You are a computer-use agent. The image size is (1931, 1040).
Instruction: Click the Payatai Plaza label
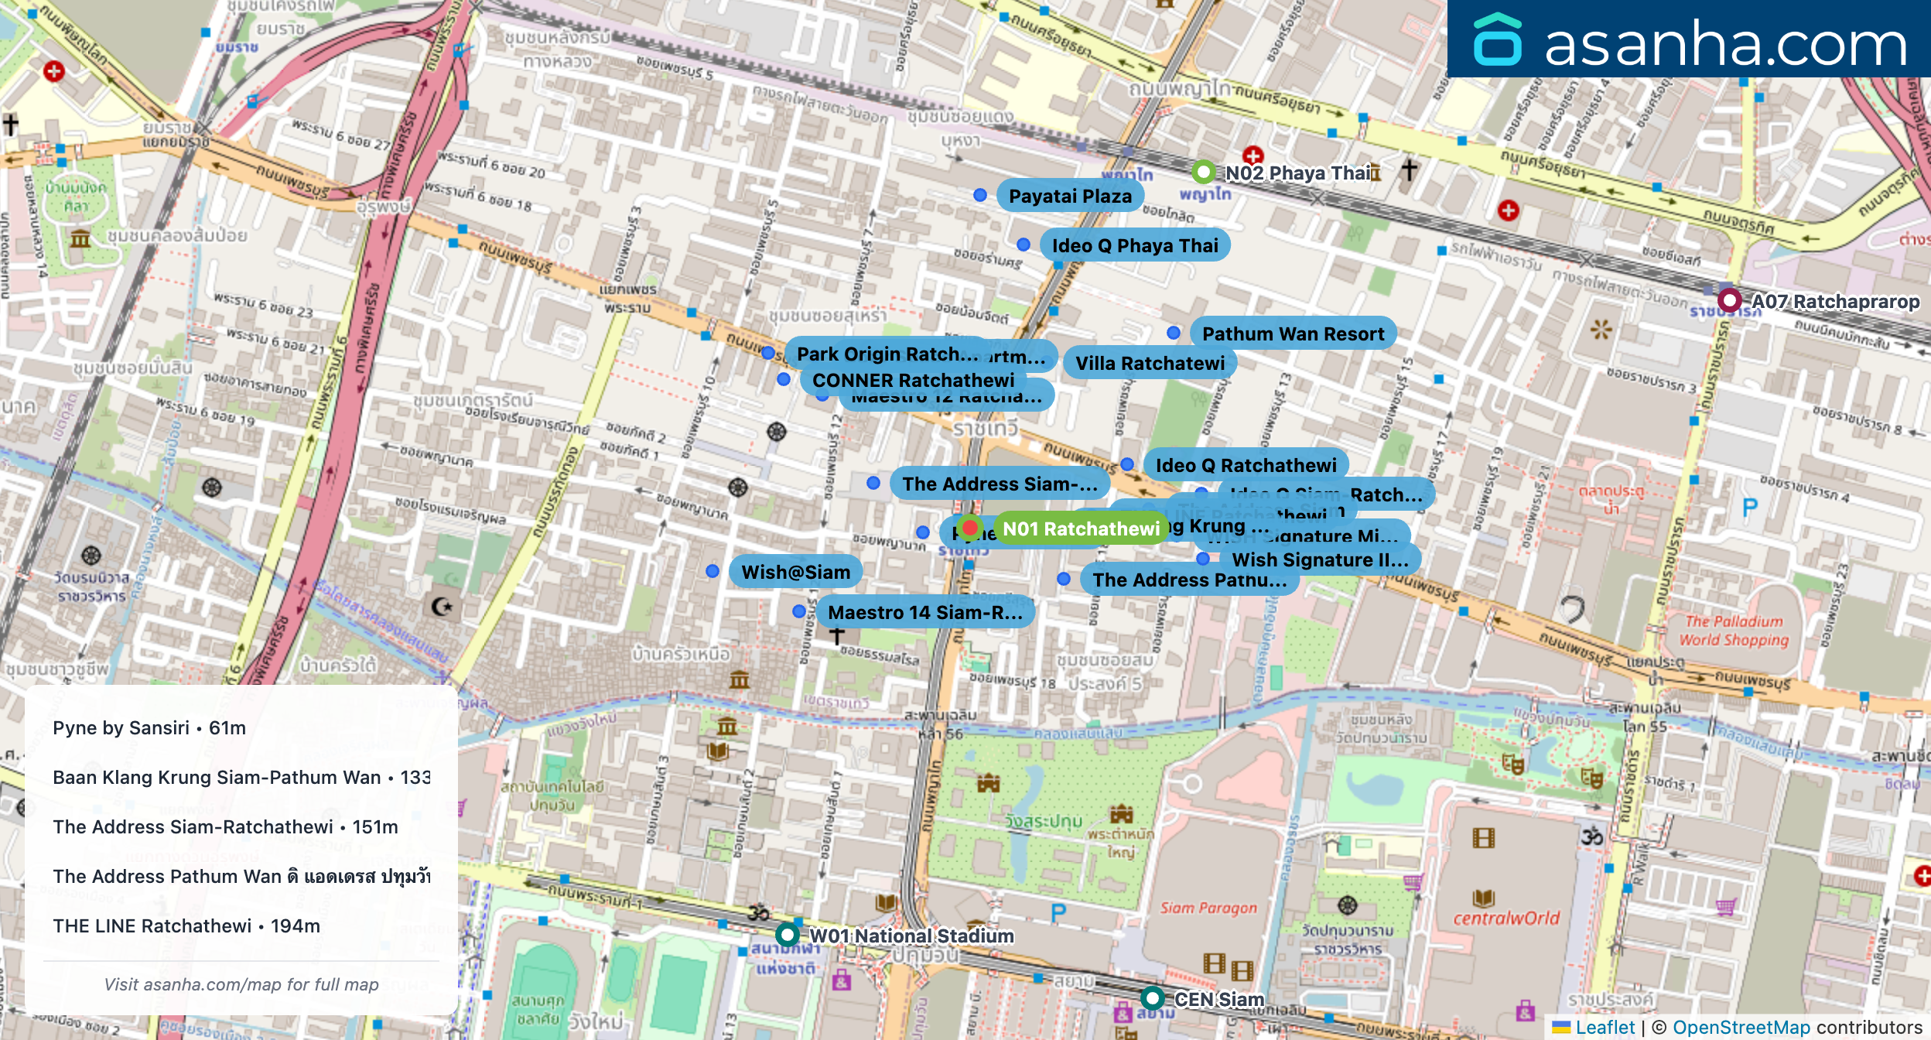coord(1069,196)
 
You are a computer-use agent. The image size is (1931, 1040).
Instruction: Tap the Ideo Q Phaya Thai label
coord(1134,245)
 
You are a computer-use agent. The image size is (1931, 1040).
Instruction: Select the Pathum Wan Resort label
coord(1292,334)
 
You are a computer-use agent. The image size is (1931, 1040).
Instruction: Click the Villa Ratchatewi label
coord(1150,363)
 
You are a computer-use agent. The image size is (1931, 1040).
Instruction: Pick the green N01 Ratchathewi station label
coord(1081,529)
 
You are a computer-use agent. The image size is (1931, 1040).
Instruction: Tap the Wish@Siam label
coord(795,572)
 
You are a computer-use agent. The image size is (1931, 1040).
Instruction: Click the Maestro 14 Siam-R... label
coord(924,612)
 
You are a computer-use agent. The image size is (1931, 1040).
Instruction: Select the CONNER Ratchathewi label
coord(913,380)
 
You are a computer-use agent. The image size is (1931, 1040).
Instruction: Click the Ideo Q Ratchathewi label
coord(1246,465)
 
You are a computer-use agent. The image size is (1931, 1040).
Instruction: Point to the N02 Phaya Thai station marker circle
coord(1203,171)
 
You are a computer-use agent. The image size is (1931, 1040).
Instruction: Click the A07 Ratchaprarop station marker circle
coord(1729,299)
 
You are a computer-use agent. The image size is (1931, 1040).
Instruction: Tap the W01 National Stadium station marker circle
coord(788,934)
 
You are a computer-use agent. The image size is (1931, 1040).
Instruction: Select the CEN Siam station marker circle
coord(1152,997)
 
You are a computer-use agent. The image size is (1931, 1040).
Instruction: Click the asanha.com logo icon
coord(1497,40)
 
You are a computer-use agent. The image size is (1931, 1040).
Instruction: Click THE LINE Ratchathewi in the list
coord(186,926)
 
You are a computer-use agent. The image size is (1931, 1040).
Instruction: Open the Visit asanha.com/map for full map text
coord(241,984)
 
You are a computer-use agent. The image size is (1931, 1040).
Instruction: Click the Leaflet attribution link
coord(1605,1028)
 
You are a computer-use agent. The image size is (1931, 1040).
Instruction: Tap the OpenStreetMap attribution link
coord(1741,1028)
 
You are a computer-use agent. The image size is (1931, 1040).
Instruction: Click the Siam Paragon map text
coord(1208,908)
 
